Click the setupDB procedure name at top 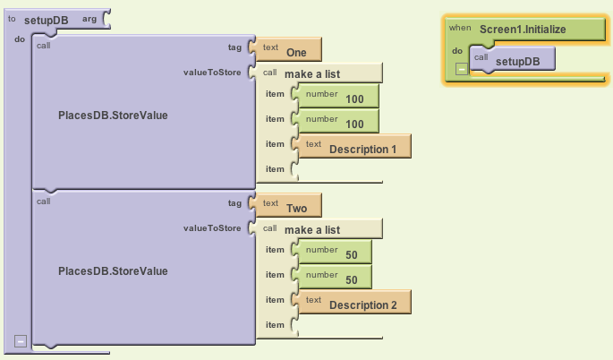click(52, 20)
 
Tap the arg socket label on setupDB click(89, 19)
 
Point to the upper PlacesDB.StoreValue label click(113, 116)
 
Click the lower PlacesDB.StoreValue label click(113, 270)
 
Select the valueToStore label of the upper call click(212, 73)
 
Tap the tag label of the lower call click(234, 204)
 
